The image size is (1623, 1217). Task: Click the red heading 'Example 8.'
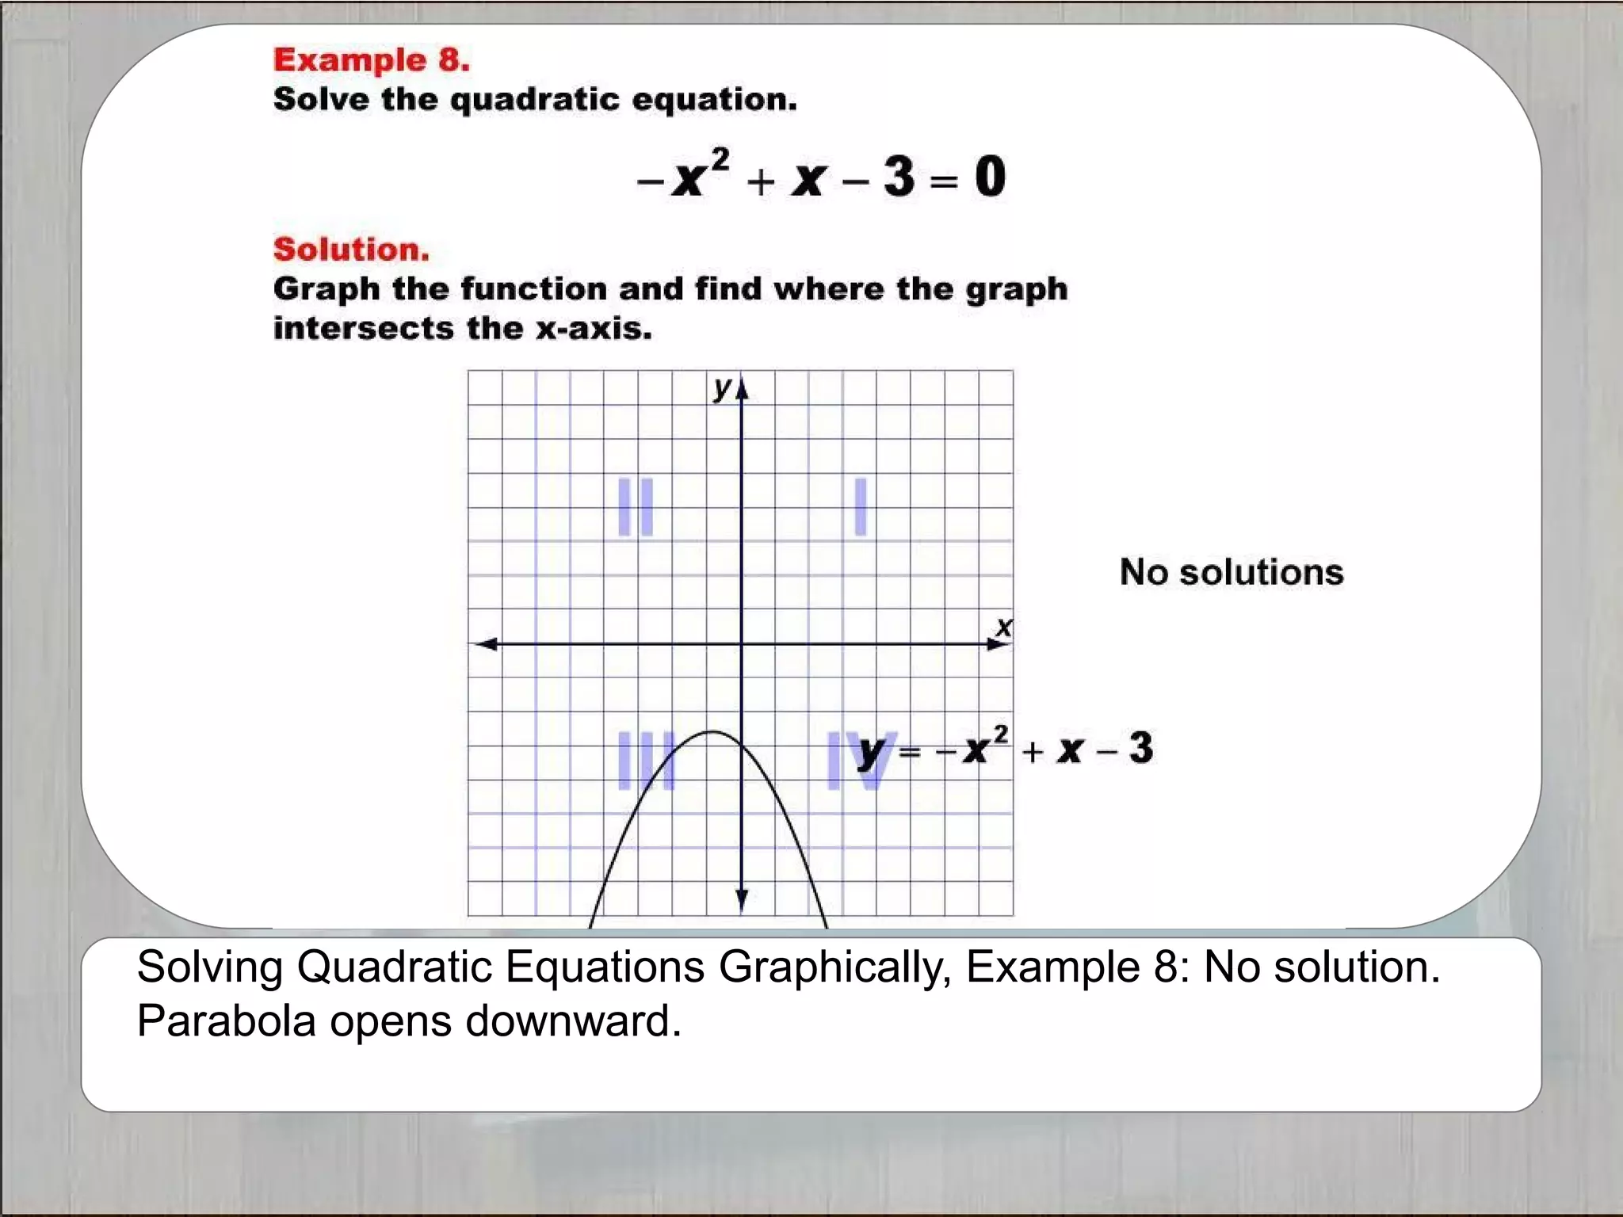tap(371, 60)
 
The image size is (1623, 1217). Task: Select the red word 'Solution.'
tap(351, 250)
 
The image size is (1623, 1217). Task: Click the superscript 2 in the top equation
tap(720, 159)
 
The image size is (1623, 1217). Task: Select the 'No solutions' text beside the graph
tap(1232, 572)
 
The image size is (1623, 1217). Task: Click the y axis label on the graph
tap(722, 387)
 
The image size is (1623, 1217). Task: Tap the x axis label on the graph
tap(1003, 628)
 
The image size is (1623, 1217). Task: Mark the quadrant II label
tap(636, 507)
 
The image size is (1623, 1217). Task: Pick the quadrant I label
tap(861, 507)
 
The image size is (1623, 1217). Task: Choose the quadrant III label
tap(643, 761)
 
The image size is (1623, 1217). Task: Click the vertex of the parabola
tap(713, 731)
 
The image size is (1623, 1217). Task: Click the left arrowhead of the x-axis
tap(485, 644)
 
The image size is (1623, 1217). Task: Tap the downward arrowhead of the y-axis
tap(742, 900)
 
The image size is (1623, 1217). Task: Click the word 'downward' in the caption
tap(573, 1021)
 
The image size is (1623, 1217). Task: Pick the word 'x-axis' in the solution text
tap(594, 329)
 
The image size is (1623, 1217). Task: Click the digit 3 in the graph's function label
tap(1140, 748)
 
